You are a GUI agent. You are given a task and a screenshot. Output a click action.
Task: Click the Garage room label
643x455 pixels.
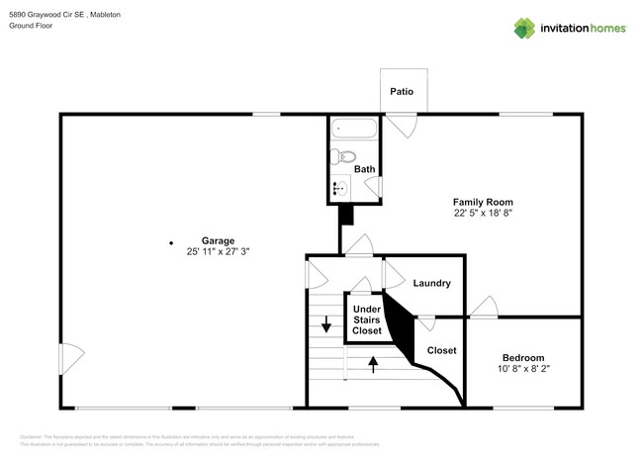218,240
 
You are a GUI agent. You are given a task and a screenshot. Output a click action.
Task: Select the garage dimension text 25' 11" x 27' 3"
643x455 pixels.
218,252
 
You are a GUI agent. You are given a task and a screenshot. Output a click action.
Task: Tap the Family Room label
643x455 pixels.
483,201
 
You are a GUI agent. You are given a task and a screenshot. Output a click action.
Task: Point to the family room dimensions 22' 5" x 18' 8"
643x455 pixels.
483,213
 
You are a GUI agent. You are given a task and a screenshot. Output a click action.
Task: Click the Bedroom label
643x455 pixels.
522,357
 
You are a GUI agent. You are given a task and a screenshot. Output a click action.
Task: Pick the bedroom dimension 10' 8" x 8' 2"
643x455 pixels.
522,369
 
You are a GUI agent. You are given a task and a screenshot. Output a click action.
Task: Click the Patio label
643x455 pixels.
401,92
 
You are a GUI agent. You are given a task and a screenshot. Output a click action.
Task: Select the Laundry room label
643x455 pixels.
432,283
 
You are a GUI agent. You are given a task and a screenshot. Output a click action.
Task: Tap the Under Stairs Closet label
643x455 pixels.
367,319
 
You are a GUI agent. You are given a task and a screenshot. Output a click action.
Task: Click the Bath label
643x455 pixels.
365,169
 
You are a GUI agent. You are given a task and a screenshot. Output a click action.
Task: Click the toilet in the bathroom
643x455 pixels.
343,155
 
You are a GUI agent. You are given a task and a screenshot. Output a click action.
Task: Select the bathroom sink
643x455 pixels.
340,187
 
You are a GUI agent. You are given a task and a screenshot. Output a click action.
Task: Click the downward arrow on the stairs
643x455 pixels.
326,325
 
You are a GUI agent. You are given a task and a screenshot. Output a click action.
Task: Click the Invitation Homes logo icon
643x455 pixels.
524,28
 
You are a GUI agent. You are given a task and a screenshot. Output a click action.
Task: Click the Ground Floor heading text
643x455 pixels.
33,27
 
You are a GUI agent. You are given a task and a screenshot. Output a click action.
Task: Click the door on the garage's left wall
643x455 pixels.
67,356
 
